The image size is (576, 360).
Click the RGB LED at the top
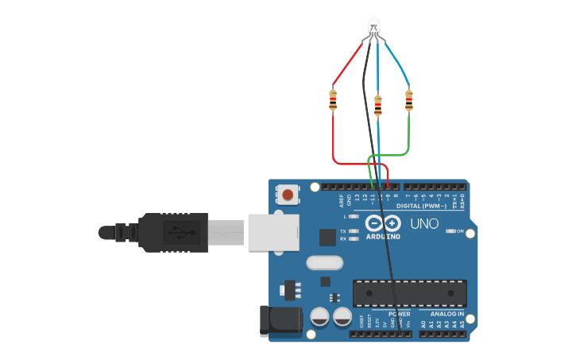pos(373,29)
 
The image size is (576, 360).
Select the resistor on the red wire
pos(333,100)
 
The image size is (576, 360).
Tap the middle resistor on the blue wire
pos(377,105)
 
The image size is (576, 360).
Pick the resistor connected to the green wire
pos(409,100)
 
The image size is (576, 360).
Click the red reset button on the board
pos(288,194)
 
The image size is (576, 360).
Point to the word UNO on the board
pos(424,224)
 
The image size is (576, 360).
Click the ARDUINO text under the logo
pos(383,235)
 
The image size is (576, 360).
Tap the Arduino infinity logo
pos(383,223)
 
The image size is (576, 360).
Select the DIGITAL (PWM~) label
pos(426,206)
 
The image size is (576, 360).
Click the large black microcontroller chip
pos(409,292)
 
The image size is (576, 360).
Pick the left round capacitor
pos(320,317)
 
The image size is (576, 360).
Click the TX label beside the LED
pos(343,231)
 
